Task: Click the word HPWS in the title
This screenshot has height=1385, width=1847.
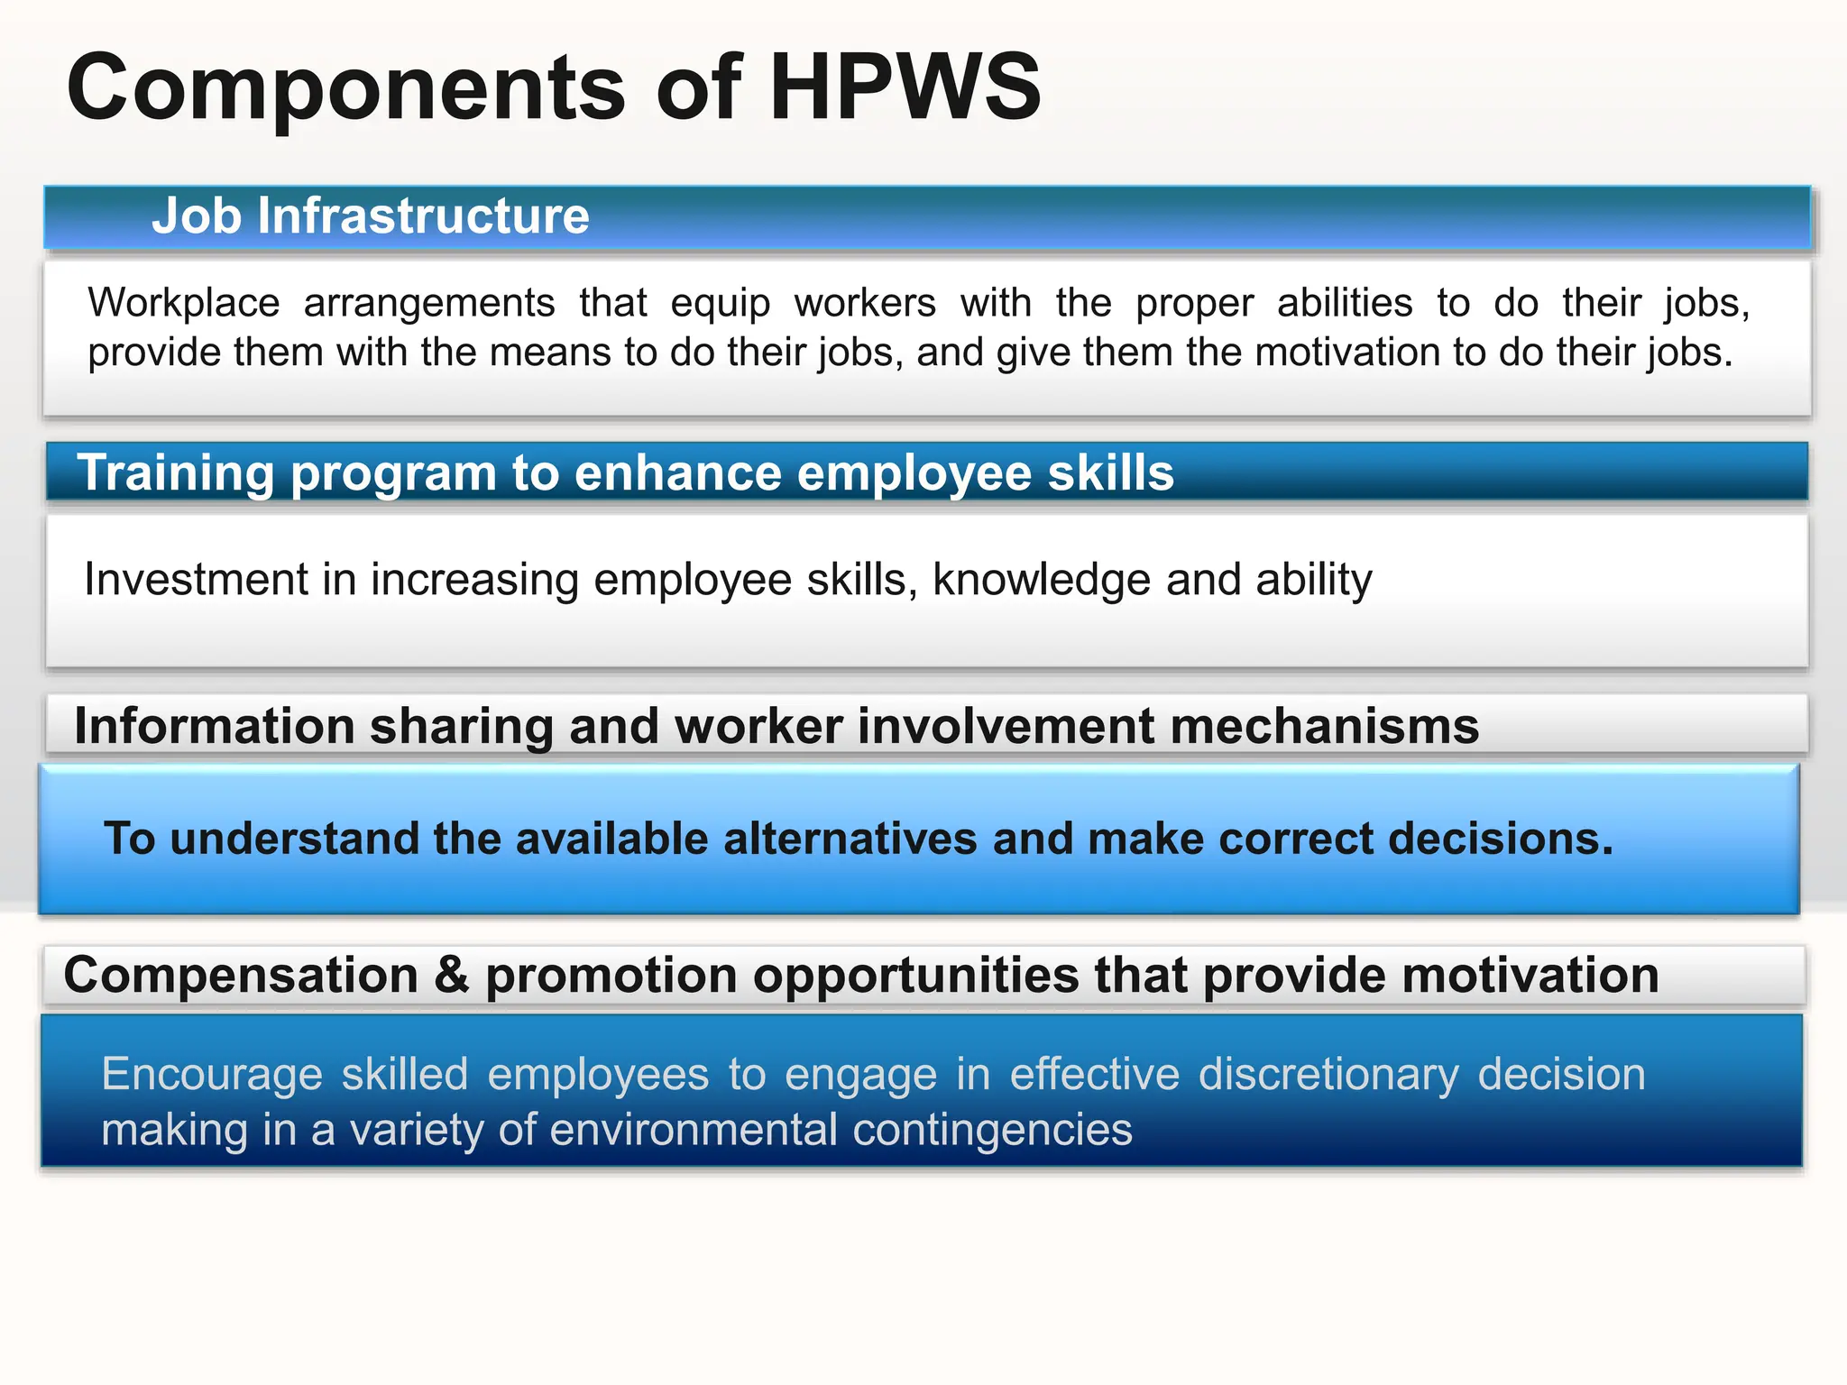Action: click(x=905, y=87)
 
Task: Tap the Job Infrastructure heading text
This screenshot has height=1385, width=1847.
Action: click(x=370, y=216)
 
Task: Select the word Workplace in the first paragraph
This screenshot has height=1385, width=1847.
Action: click(x=184, y=303)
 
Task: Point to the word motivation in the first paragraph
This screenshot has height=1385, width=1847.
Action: click(x=1347, y=353)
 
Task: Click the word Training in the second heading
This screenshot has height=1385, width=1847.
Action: click(x=175, y=473)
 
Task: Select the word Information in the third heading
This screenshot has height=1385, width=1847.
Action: click(x=214, y=727)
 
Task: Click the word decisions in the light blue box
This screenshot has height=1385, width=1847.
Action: click(x=1501, y=839)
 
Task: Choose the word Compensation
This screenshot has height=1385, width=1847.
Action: click(x=241, y=977)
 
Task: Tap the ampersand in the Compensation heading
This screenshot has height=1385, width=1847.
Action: click(x=452, y=977)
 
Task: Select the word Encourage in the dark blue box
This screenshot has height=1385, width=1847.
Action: click(x=212, y=1075)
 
